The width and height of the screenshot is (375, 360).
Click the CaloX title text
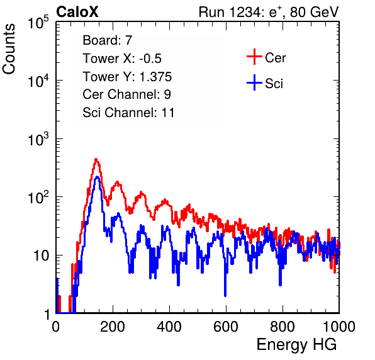click(x=77, y=12)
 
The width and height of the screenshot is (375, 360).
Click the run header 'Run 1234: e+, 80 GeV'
click(x=269, y=12)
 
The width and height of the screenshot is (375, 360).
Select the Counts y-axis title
click(x=9, y=49)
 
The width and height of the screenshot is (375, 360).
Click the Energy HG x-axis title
click(x=296, y=345)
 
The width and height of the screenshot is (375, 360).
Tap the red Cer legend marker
click(x=254, y=57)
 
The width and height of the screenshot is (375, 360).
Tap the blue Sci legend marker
click(x=254, y=82)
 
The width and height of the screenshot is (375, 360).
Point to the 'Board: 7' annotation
click(x=108, y=40)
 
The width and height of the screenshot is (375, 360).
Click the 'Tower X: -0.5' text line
click(x=122, y=59)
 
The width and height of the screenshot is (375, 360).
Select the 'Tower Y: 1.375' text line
click(x=127, y=77)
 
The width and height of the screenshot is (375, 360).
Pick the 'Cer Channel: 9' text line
click(x=126, y=94)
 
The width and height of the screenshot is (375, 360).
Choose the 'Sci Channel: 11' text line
click(x=128, y=112)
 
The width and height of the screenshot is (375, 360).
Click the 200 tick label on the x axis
click(x=113, y=327)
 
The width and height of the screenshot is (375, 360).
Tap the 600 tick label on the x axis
click(x=226, y=327)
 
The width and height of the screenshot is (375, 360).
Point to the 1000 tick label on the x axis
click(x=339, y=327)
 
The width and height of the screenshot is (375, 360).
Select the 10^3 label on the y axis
click(x=38, y=139)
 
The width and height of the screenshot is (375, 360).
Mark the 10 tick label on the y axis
click(x=41, y=256)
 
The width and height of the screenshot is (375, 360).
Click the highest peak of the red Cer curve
click(x=96, y=159)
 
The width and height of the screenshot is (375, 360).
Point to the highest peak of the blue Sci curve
click(x=97, y=177)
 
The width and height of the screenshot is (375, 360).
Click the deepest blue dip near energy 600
click(x=225, y=295)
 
